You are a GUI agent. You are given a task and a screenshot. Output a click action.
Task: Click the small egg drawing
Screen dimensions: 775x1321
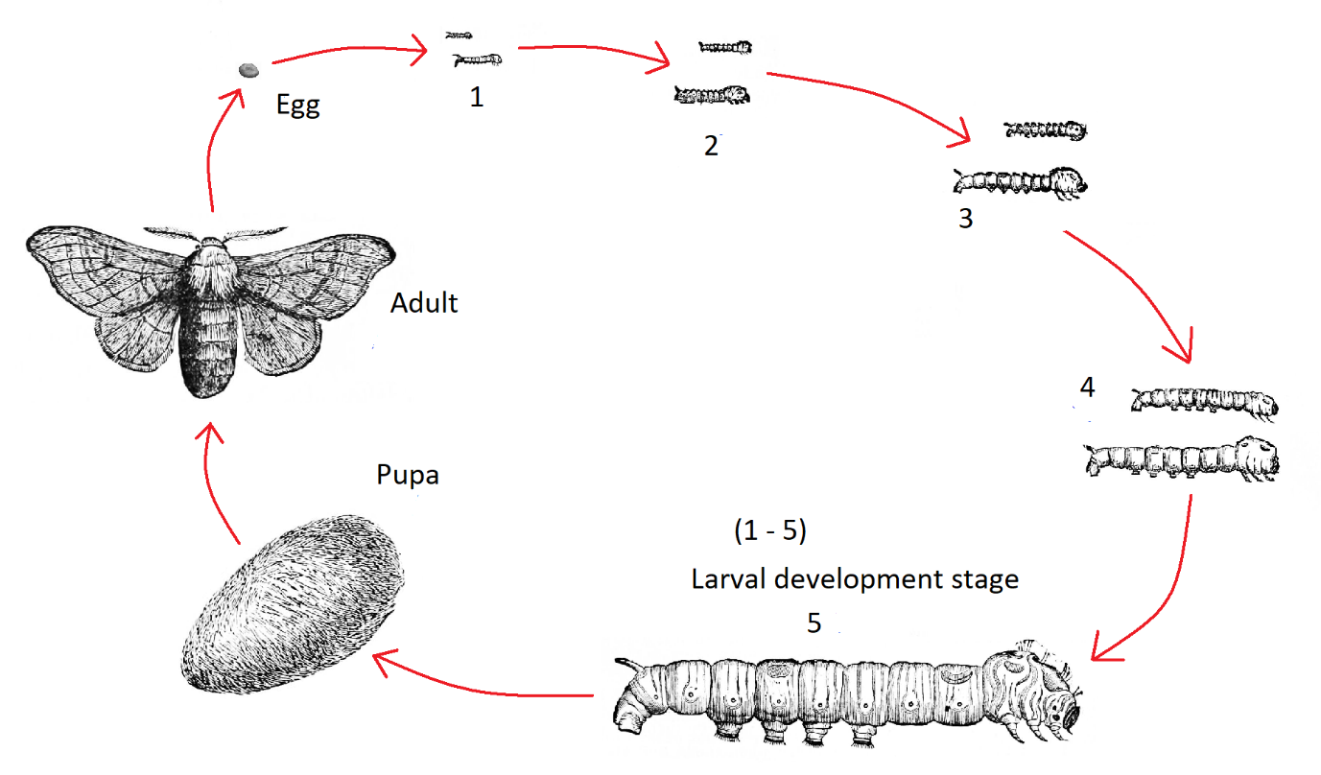click(x=248, y=70)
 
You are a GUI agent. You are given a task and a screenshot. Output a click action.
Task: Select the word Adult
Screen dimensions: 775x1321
click(x=424, y=303)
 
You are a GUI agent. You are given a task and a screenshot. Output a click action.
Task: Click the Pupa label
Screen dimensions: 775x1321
click(x=408, y=474)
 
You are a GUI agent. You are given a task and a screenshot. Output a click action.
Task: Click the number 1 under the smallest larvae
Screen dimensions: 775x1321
click(x=477, y=97)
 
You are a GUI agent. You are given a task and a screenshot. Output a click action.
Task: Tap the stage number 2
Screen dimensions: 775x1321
click(x=710, y=146)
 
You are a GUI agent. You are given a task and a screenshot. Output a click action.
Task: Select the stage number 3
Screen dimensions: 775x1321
click(x=965, y=219)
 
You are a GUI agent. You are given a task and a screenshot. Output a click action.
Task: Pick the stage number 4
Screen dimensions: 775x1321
click(x=1087, y=387)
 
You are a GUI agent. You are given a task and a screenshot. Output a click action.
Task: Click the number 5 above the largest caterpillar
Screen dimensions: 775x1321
click(x=814, y=622)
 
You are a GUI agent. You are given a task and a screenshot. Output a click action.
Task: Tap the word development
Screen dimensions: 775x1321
click(x=856, y=579)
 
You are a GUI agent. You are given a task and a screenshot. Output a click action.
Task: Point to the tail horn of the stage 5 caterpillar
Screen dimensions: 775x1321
click(x=625, y=664)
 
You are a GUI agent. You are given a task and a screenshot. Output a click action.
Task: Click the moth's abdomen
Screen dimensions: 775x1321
click(x=205, y=345)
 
